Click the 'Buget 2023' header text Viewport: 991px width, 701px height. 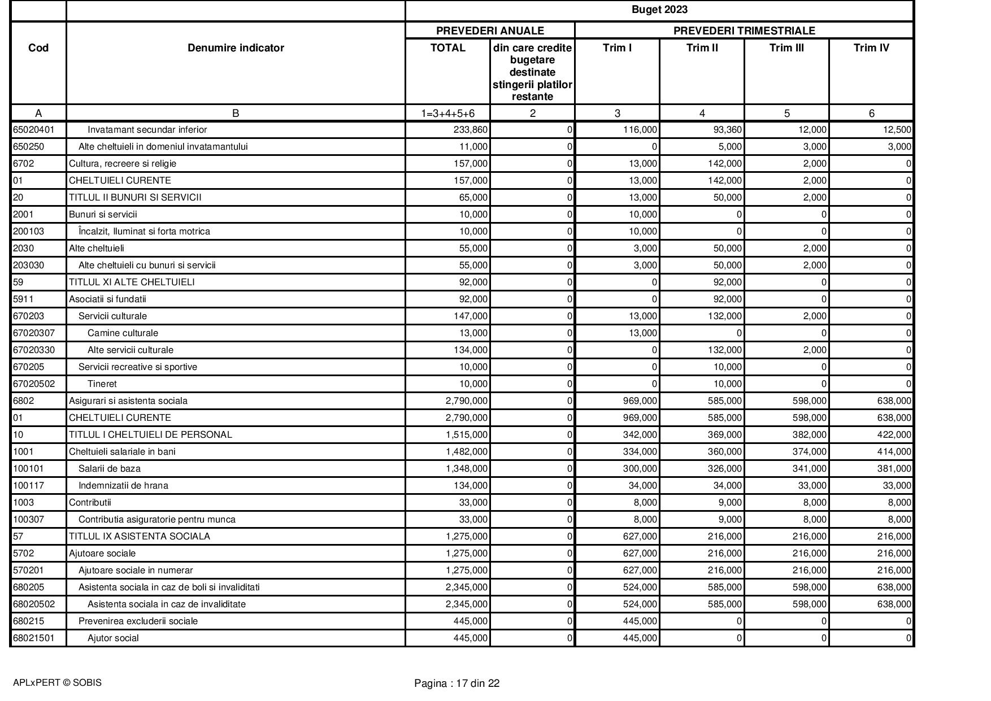click(x=659, y=10)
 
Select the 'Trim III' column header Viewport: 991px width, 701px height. click(x=786, y=48)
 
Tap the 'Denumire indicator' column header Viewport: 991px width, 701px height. click(x=236, y=48)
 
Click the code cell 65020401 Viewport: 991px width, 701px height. click(x=34, y=130)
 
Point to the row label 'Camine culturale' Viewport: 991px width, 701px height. click(x=123, y=333)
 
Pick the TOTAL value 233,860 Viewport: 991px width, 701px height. click(x=470, y=130)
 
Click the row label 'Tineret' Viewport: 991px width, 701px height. click(x=102, y=384)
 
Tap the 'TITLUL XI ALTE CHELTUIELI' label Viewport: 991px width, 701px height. click(x=132, y=282)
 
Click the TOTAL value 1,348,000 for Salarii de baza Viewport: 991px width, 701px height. click(x=466, y=469)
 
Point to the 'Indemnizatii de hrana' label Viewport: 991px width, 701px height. click(x=123, y=486)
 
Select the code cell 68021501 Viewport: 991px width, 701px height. click(x=34, y=638)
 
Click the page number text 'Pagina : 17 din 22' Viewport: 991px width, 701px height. click(x=457, y=683)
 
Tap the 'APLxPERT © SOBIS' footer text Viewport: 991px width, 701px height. click(x=57, y=683)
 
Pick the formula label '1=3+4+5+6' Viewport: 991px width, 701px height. click(x=447, y=114)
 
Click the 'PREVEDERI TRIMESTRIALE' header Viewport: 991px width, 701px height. click(x=744, y=31)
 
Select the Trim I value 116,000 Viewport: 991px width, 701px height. click(x=640, y=130)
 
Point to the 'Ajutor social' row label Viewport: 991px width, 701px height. click(x=113, y=638)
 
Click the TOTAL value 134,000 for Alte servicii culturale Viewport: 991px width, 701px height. click(x=470, y=350)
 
